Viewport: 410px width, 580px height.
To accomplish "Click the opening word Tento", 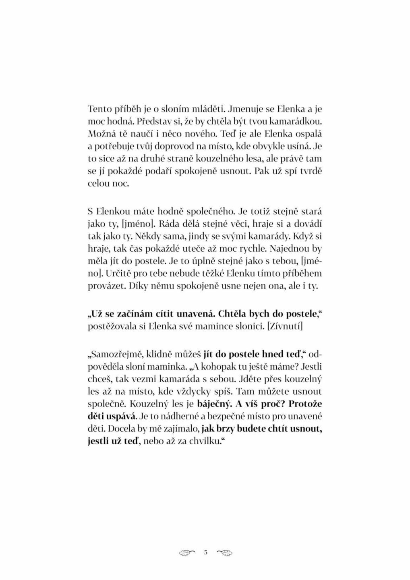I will coord(99,109).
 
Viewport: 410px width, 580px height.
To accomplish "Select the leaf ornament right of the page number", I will coord(224,552).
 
